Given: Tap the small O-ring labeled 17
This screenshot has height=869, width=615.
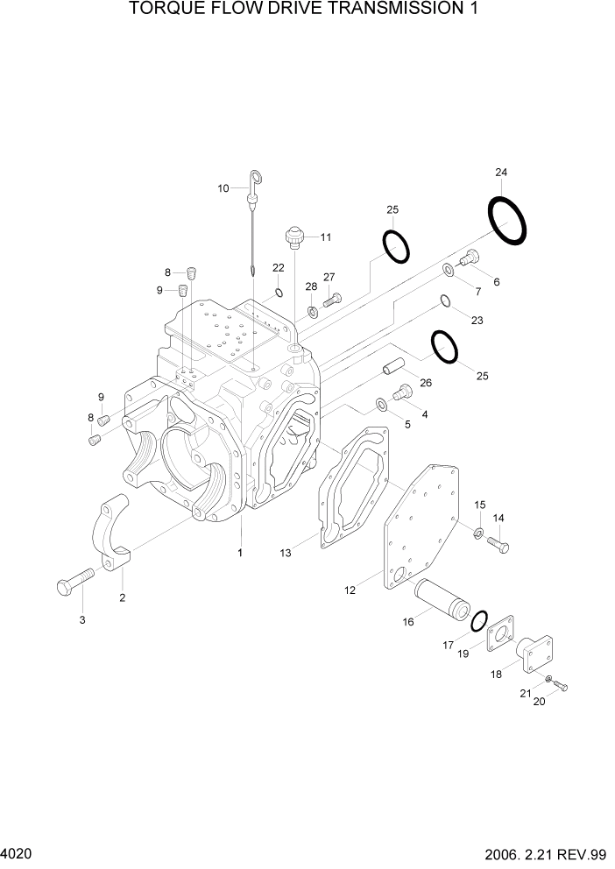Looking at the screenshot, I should coord(478,622).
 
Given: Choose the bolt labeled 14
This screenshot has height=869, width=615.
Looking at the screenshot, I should coord(498,543).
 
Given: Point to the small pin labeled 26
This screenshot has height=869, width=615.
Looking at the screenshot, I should coord(392,368).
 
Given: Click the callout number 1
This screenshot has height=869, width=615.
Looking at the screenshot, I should coord(240,553).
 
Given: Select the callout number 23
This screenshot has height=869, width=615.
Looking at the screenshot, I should coord(477,321).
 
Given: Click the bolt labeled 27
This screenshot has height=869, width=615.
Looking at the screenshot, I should coord(331,300).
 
